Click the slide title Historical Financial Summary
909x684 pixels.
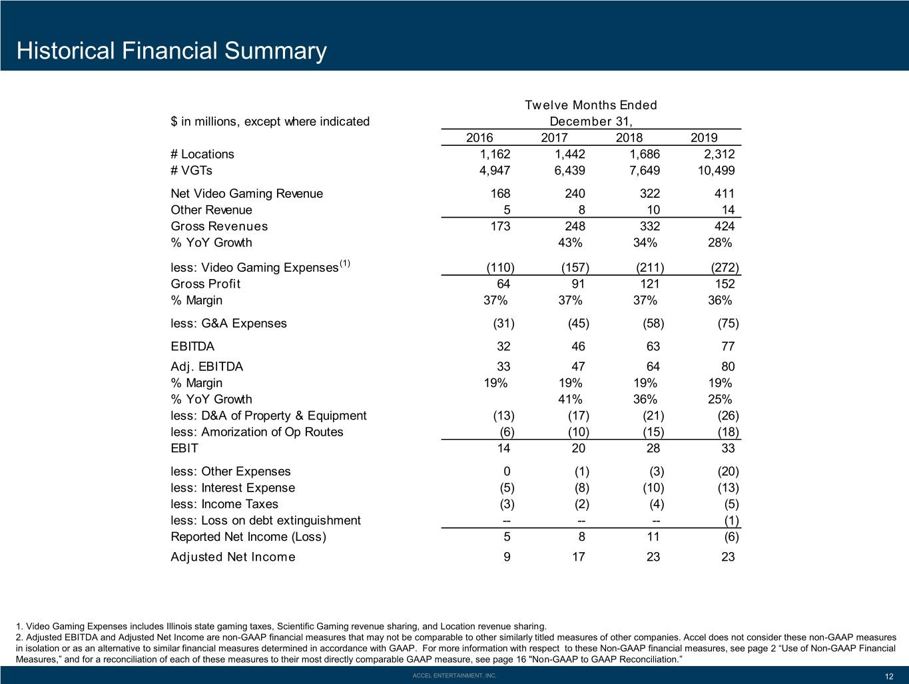click(171, 51)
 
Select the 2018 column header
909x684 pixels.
click(629, 137)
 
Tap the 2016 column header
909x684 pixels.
click(479, 137)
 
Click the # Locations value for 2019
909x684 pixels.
click(719, 154)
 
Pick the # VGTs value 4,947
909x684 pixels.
click(495, 171)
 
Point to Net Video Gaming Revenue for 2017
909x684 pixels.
click(575, 193)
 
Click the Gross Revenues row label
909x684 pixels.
click(219, 226)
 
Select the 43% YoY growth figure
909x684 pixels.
click(570, 242)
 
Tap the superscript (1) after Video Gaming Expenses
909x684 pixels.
click(345, 263)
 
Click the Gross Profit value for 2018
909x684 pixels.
click(650, 284)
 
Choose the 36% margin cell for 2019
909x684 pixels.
click(720, 300)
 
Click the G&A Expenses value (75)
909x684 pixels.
click(728, 324)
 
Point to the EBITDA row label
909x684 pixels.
click(192, 346)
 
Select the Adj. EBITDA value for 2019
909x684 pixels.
click(728, 366)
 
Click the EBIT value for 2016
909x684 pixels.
click(503, 448)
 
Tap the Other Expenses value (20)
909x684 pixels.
click(728, 471)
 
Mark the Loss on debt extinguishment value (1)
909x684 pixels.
click(731, 520)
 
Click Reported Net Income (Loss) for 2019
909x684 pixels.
click(731, 537)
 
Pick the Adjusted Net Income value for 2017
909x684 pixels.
click(579, 557)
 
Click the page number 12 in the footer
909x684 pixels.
click(889, 677)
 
